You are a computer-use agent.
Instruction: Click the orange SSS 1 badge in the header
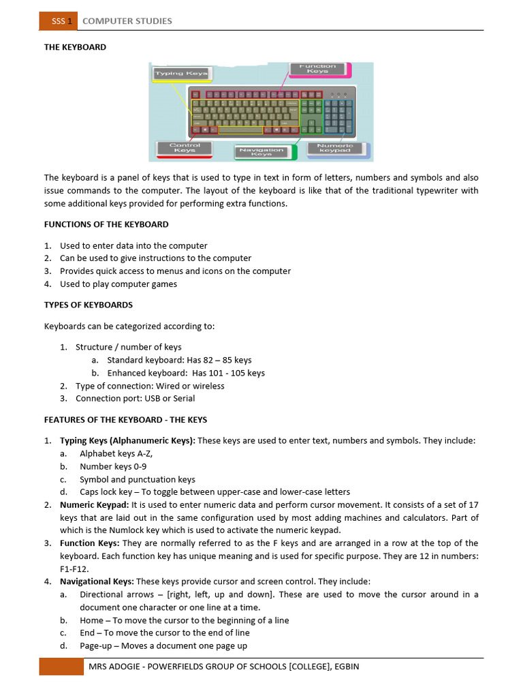click(x=59, y=21)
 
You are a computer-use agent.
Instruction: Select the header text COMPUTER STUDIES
click(x=127, y=21)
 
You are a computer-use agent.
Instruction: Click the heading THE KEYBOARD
click(x=75, y=47)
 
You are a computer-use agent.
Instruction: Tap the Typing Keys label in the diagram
click(x=181, y=73)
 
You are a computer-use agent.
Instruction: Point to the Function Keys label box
click(x=317, y=70)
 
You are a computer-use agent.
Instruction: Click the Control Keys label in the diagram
click(x=185, y=148)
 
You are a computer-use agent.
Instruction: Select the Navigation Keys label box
click(x=262, y=152)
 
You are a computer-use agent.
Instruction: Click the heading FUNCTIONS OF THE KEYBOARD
click(x=106, y=224)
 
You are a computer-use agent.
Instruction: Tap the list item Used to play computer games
click(x=118, y=284)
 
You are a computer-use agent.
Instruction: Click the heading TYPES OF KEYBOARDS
click(x=89, y=305)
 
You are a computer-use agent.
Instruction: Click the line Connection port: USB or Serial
click(x=135, y=398)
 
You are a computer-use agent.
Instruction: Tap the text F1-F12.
click(x=75, y=568)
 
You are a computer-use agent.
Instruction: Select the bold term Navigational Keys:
click(x=97, y=581)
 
